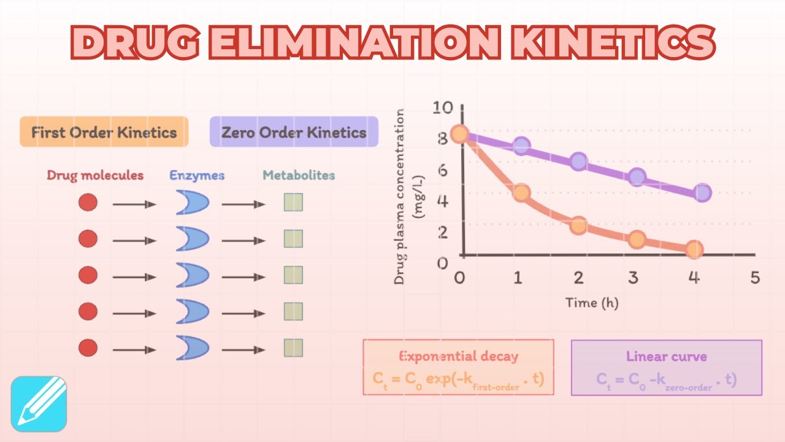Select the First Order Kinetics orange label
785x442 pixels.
104,132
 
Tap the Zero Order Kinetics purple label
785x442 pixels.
294,132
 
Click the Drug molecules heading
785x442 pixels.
95,176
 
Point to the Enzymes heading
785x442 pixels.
197,176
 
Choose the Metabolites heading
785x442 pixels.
299,176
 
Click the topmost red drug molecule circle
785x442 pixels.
88,203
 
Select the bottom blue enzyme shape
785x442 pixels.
192,348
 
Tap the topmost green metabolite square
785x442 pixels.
293,203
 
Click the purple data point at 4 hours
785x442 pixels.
703,193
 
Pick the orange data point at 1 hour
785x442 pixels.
521,193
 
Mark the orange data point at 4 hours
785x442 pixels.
694,249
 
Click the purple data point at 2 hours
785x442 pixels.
578,162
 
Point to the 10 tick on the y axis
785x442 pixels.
442,109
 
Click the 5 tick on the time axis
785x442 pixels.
755,277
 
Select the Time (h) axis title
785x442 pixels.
591,303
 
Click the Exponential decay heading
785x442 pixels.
459,356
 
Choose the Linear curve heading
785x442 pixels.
666,356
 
